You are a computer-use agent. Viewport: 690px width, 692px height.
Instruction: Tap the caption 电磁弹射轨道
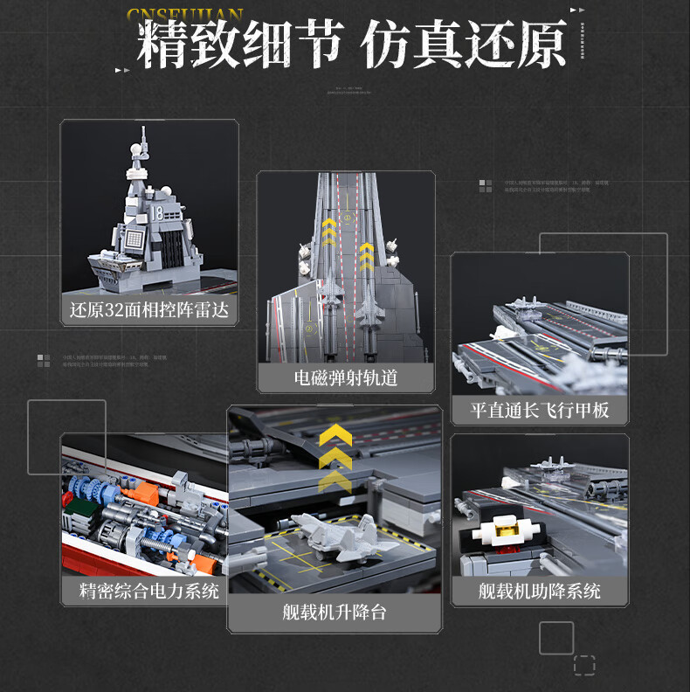[x=346, y=377]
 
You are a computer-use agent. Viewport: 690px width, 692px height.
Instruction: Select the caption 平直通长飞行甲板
[x=540, y=410]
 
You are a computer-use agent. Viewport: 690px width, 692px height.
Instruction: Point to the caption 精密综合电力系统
[x=148, y=590]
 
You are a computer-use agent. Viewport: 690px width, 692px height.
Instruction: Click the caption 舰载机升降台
[x=335, y=611]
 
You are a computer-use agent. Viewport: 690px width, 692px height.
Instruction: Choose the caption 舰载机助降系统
[x=540, y=591]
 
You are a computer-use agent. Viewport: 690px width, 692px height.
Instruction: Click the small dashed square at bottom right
[x=584, y=665]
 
